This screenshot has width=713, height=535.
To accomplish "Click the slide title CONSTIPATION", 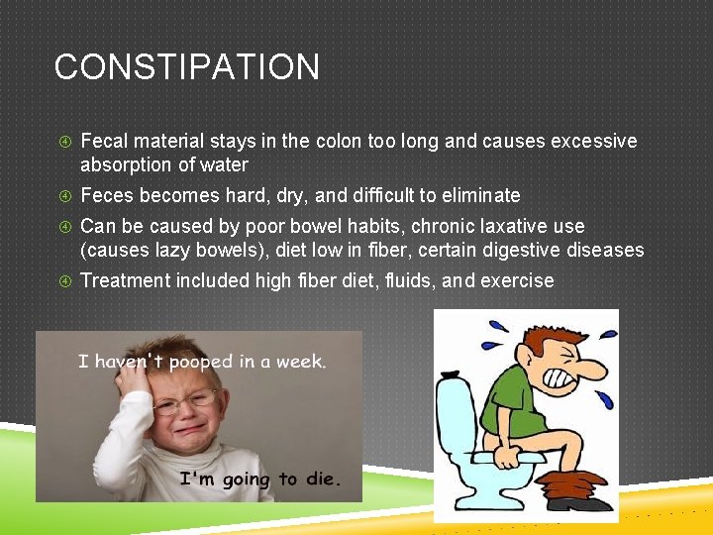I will click(x=187, y=67).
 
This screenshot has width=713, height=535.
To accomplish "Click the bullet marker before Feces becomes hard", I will click(x=61, y=195).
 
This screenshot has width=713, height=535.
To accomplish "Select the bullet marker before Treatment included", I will click(x=61, y=280).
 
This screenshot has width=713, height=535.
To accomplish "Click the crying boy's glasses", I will click(x=186, y=402).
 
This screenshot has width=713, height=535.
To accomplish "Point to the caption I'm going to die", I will click(x=259, y=480).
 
